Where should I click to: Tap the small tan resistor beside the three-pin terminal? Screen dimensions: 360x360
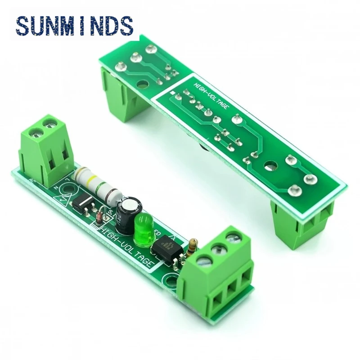[x=193, y=247]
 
